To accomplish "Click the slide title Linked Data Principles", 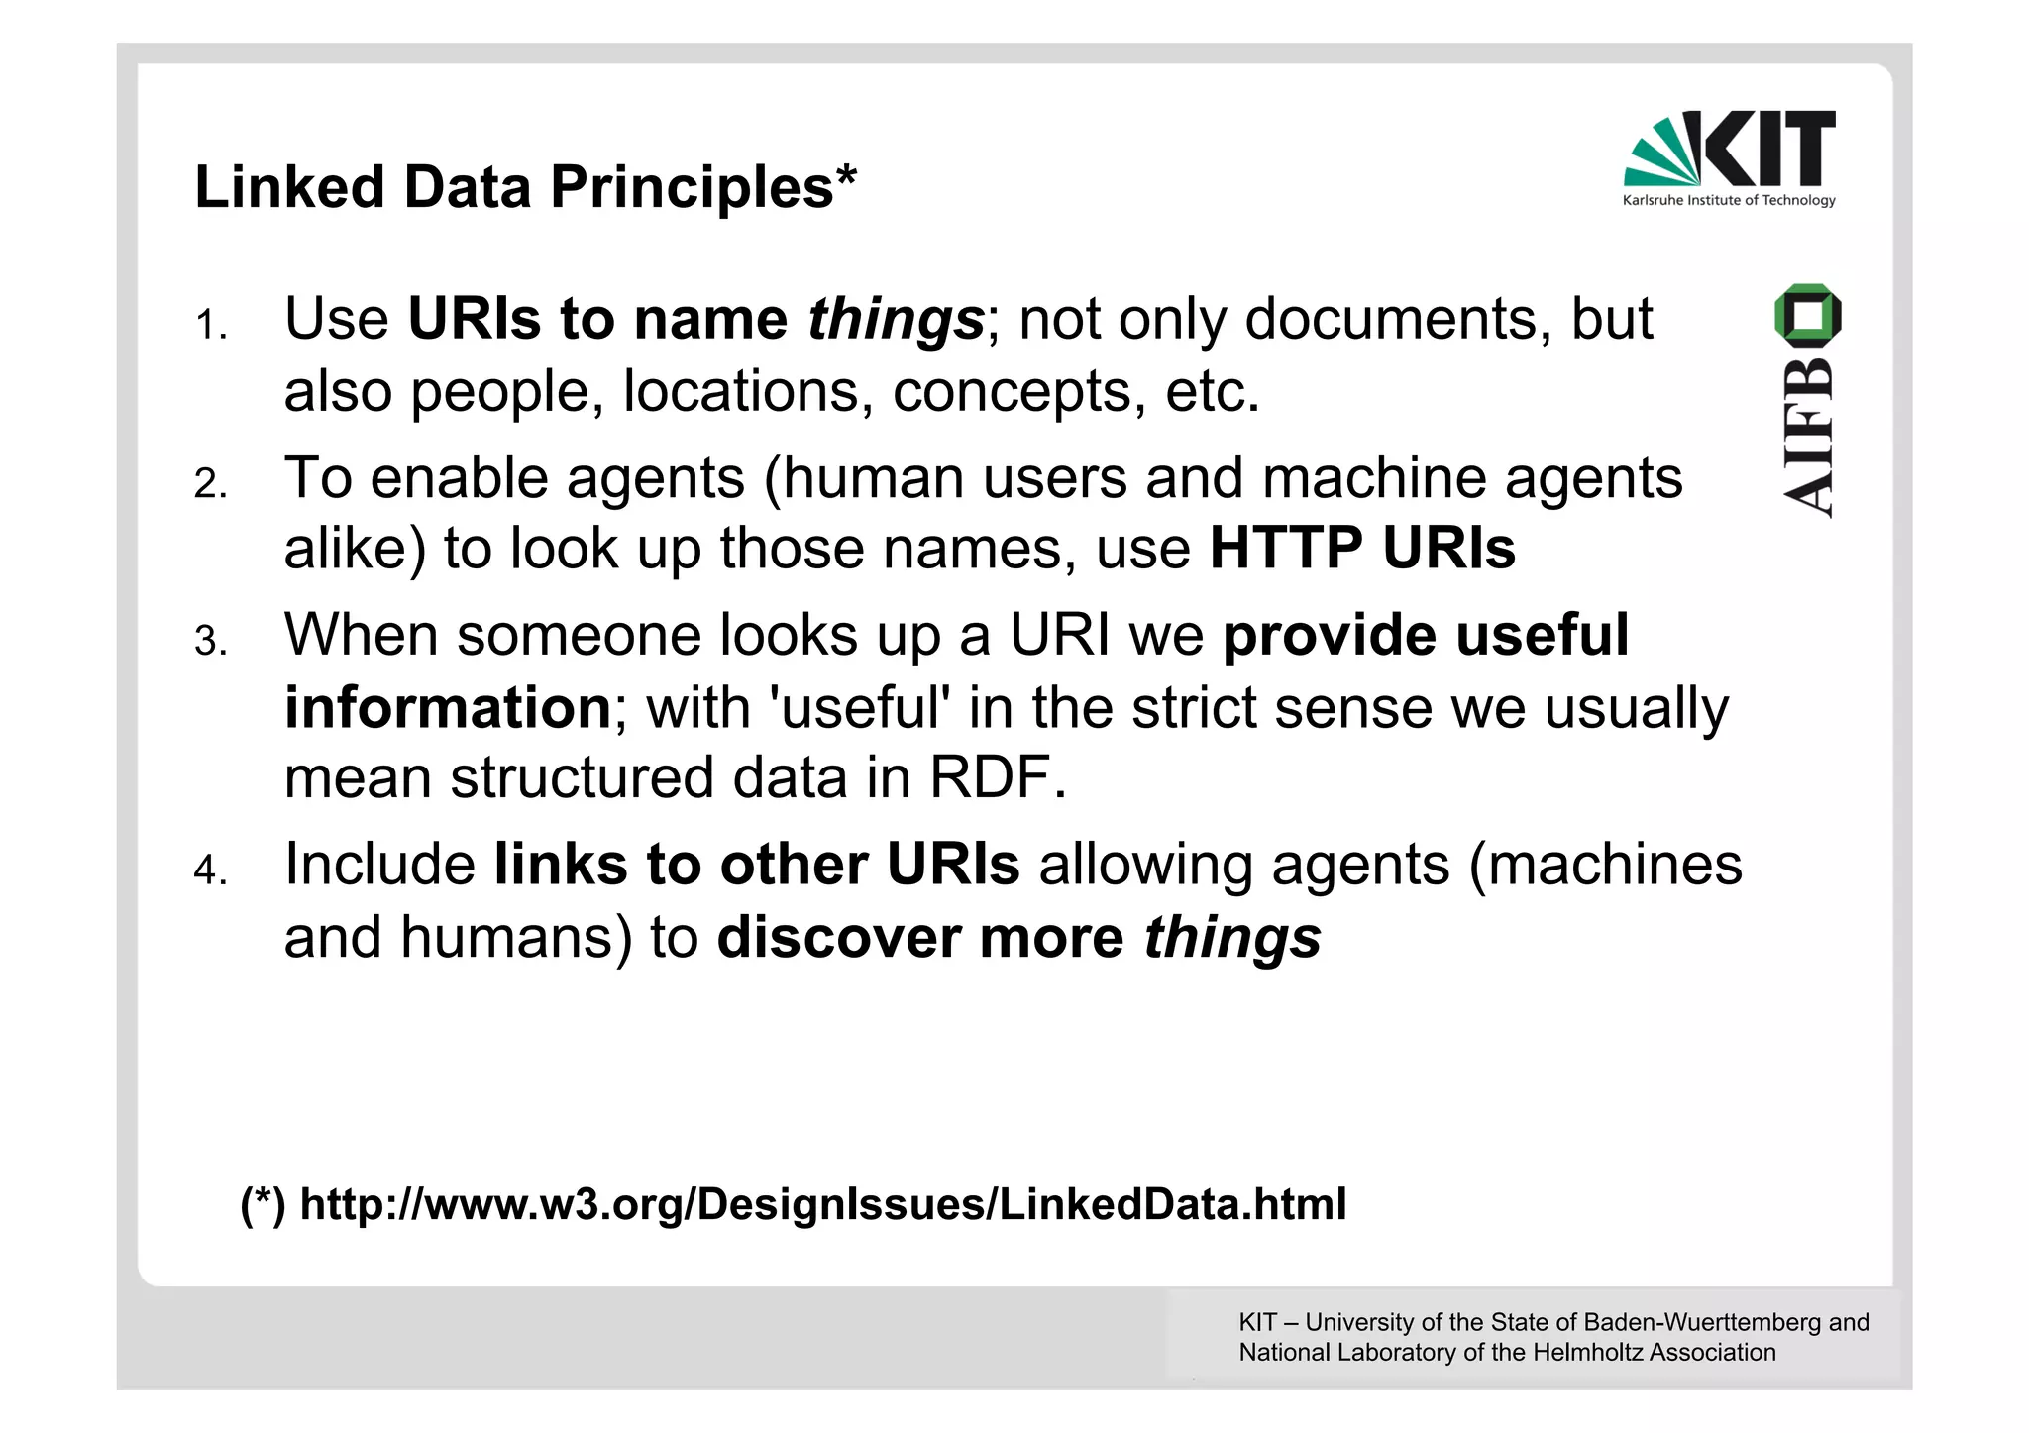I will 525,187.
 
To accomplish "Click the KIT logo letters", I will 1769,149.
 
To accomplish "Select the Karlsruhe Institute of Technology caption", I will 1729,201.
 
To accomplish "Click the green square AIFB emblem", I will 1808,315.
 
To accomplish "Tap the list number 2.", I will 209,485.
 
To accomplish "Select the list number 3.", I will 209,643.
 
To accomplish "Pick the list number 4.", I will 209,871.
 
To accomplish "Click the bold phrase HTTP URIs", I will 1362,549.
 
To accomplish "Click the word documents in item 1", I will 1398,320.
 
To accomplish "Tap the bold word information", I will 448,707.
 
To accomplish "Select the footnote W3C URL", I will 822,1205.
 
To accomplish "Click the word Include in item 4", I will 379,865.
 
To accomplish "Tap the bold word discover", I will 838,937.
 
